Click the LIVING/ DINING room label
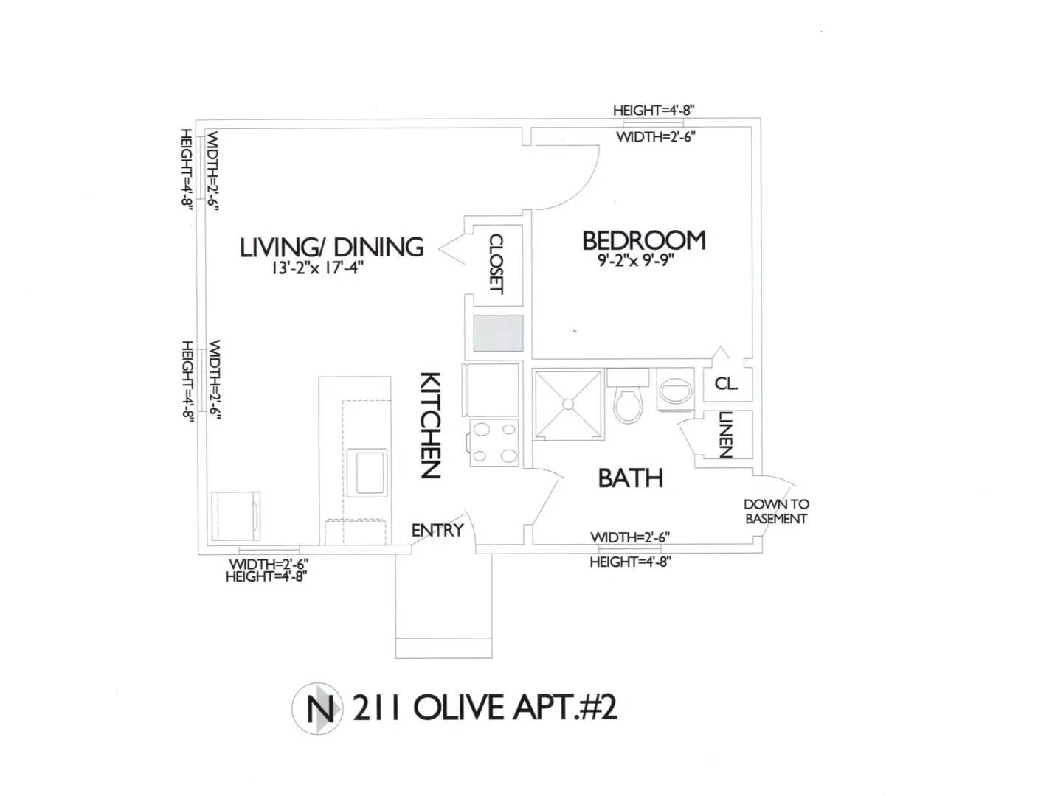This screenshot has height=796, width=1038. (x=331, y=246)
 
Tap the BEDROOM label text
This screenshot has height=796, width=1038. (x=643, y=240)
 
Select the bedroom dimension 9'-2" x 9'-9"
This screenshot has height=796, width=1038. (x=635, y=260)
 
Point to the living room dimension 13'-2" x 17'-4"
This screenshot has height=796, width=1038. (x=317, y=268)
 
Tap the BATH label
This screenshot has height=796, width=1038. (x=630, y=478)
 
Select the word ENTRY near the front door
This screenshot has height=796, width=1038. (x=437, y=530)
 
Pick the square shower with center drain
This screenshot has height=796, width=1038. (x=568, y=404)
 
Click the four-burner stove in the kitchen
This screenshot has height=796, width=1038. (x=494, y=441)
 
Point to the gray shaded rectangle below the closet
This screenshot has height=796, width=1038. (x=498, y=332)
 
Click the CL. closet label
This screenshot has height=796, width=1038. (x=726, y=384)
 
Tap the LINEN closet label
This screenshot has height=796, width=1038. (x=725, y=434)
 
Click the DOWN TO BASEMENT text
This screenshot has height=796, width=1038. (x=776, y=511)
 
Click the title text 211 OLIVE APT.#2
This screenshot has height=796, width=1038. (x=485, y=708)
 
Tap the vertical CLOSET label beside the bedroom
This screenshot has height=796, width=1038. (x=496, y=263)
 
